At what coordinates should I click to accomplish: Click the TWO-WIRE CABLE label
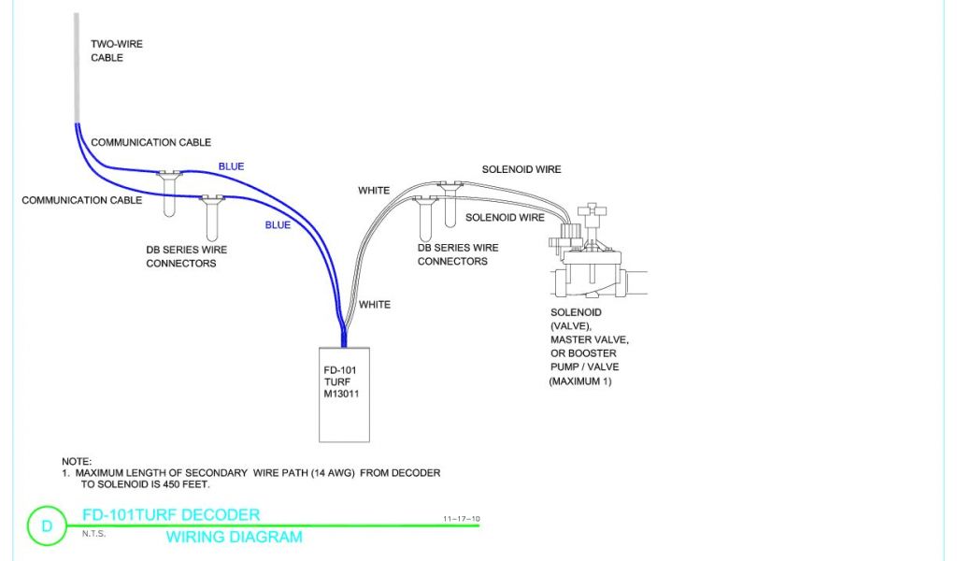click(x=116, y=50)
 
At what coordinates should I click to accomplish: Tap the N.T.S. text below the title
click(x=94, y=534)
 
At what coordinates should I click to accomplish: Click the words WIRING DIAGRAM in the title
click(x=234, y=538)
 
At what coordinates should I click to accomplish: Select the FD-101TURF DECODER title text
click(x=171, y=515)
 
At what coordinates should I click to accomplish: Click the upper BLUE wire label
click(x=231, y=166)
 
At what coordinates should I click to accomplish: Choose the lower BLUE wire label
click(x=278, y=225)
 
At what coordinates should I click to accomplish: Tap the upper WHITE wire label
click(x=374, y=191)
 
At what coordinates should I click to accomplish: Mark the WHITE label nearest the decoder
click(x=375, y=305)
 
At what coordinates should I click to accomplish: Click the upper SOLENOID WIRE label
click(x=521, y=169)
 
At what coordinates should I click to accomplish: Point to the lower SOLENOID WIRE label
click(x=505, y=218)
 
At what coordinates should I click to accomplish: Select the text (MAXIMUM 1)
click(x=579, y=382)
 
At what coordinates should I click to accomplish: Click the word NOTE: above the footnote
click(x=77, y=462)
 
